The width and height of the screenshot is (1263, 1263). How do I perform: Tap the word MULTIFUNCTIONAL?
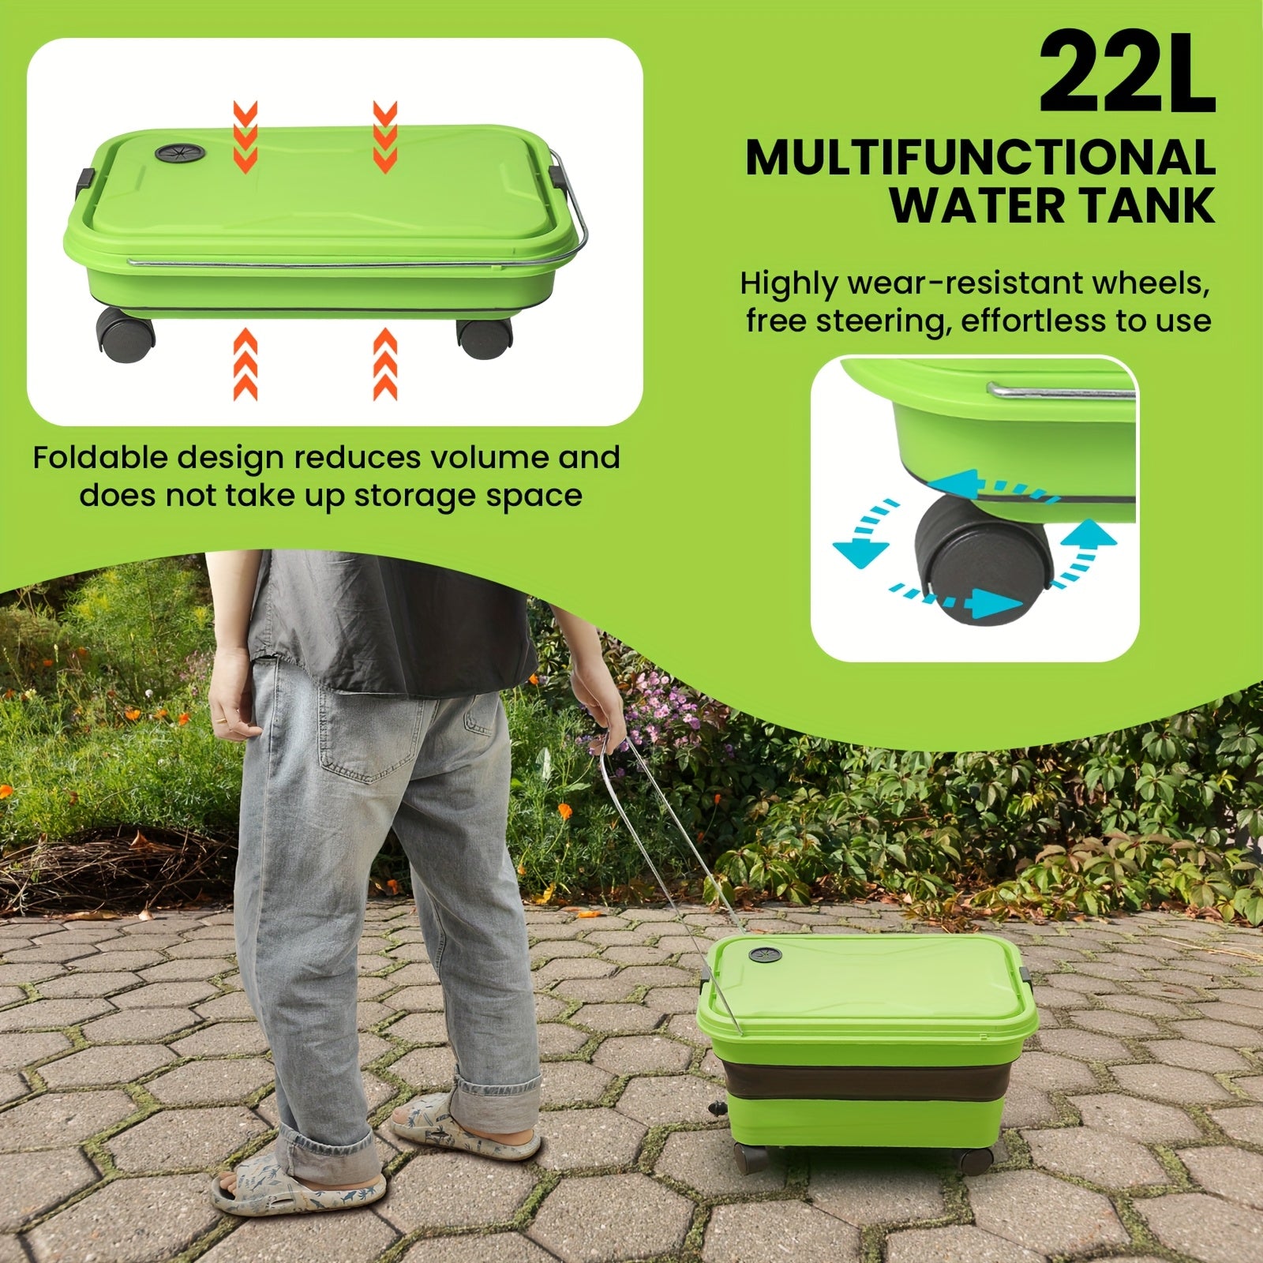pyautogui.click(x=980, y=158)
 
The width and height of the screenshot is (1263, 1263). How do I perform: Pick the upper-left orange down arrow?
pyautogui.click(x=245, y=129)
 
